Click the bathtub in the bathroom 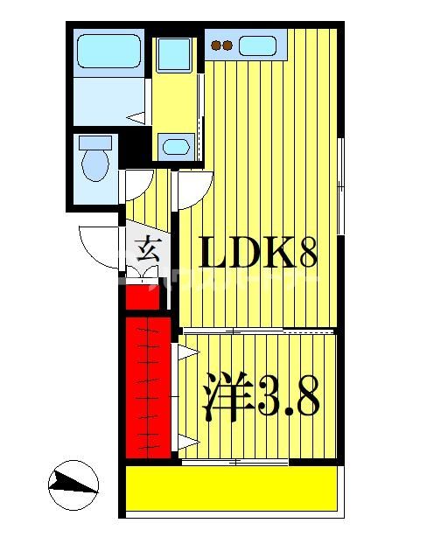click(x=108, y=52)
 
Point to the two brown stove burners click(x=222, y=45)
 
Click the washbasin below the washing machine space click(x=177, y=146)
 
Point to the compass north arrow click(x=73, y=485)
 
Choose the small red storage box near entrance click(x=142, y=297)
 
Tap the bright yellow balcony click(x=232, y=486)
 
